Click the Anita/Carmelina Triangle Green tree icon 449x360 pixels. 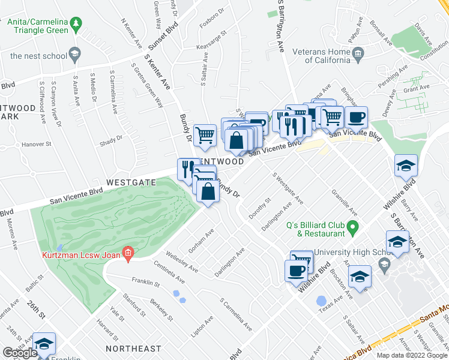pos(76,25)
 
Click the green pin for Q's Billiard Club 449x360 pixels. pos(354,227)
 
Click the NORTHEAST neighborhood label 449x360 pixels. pos(133,349)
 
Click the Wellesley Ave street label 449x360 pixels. pos(182,262)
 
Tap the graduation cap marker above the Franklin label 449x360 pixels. pos(44,344)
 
